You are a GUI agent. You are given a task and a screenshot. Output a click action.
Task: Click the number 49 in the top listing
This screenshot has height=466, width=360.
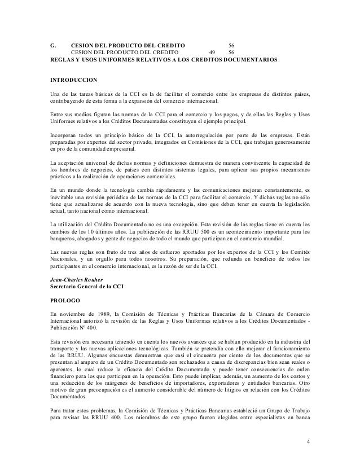(x=212, y=52)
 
